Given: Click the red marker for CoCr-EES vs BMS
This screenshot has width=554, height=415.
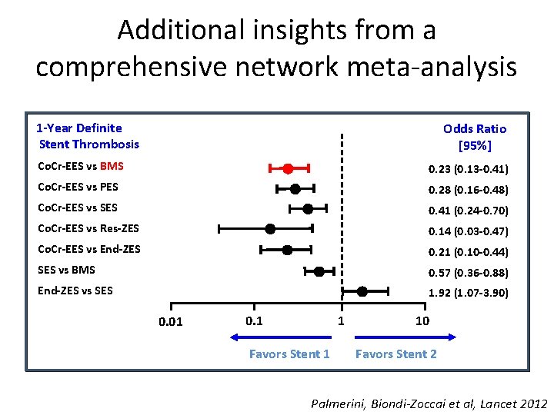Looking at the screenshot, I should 288,168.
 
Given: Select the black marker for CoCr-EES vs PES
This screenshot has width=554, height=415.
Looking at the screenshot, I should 295,188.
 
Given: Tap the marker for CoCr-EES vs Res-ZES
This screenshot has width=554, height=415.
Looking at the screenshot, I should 270,228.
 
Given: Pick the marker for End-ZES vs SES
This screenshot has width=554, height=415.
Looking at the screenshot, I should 362,290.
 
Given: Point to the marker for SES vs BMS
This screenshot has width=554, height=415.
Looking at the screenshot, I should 319,271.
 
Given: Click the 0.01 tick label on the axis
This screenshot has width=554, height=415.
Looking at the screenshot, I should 170,321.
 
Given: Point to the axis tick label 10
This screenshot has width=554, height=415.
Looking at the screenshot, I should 422,320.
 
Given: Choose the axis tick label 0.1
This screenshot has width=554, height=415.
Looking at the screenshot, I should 253,320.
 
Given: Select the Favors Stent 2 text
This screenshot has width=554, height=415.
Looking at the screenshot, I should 395,354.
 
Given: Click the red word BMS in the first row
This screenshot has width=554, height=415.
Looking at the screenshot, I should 112,166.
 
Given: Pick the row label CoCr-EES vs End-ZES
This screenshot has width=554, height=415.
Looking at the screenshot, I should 89,249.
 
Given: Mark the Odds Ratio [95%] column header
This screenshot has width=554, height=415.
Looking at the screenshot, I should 475,137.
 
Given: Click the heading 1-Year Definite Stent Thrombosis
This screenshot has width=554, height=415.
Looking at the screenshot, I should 88,136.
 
